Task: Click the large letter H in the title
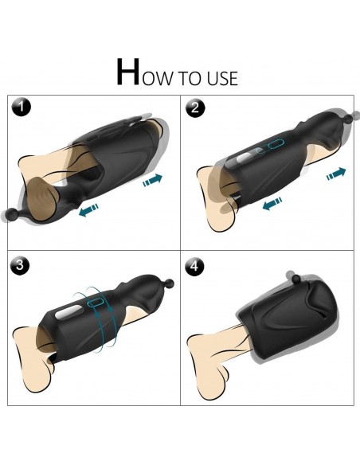pos(127,72)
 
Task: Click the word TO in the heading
pos(190,78)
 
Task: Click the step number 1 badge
pos(21,107)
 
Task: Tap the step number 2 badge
pos(195,107)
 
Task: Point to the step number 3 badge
pos(20,264)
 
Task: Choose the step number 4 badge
pos(194,266)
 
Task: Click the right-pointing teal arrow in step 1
pos(152,180)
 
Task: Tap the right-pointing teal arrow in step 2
pos(336,174)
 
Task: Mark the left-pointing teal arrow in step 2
pos(272,204)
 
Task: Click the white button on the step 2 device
pos(244,158)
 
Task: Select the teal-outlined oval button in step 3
pos(96,303)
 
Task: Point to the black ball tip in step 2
pos(354,115)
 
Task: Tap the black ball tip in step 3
pos(170,283)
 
